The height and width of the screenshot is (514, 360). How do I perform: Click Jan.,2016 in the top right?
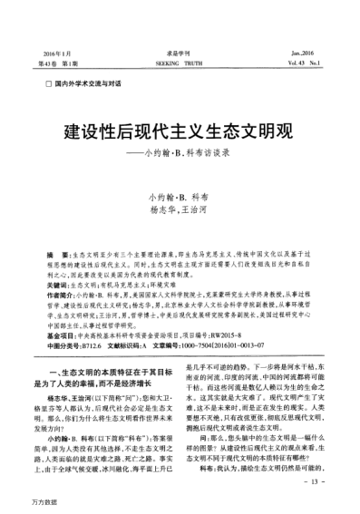(x=310, y=28)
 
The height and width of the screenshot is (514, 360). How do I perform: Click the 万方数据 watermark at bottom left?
(x=19, y=503)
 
